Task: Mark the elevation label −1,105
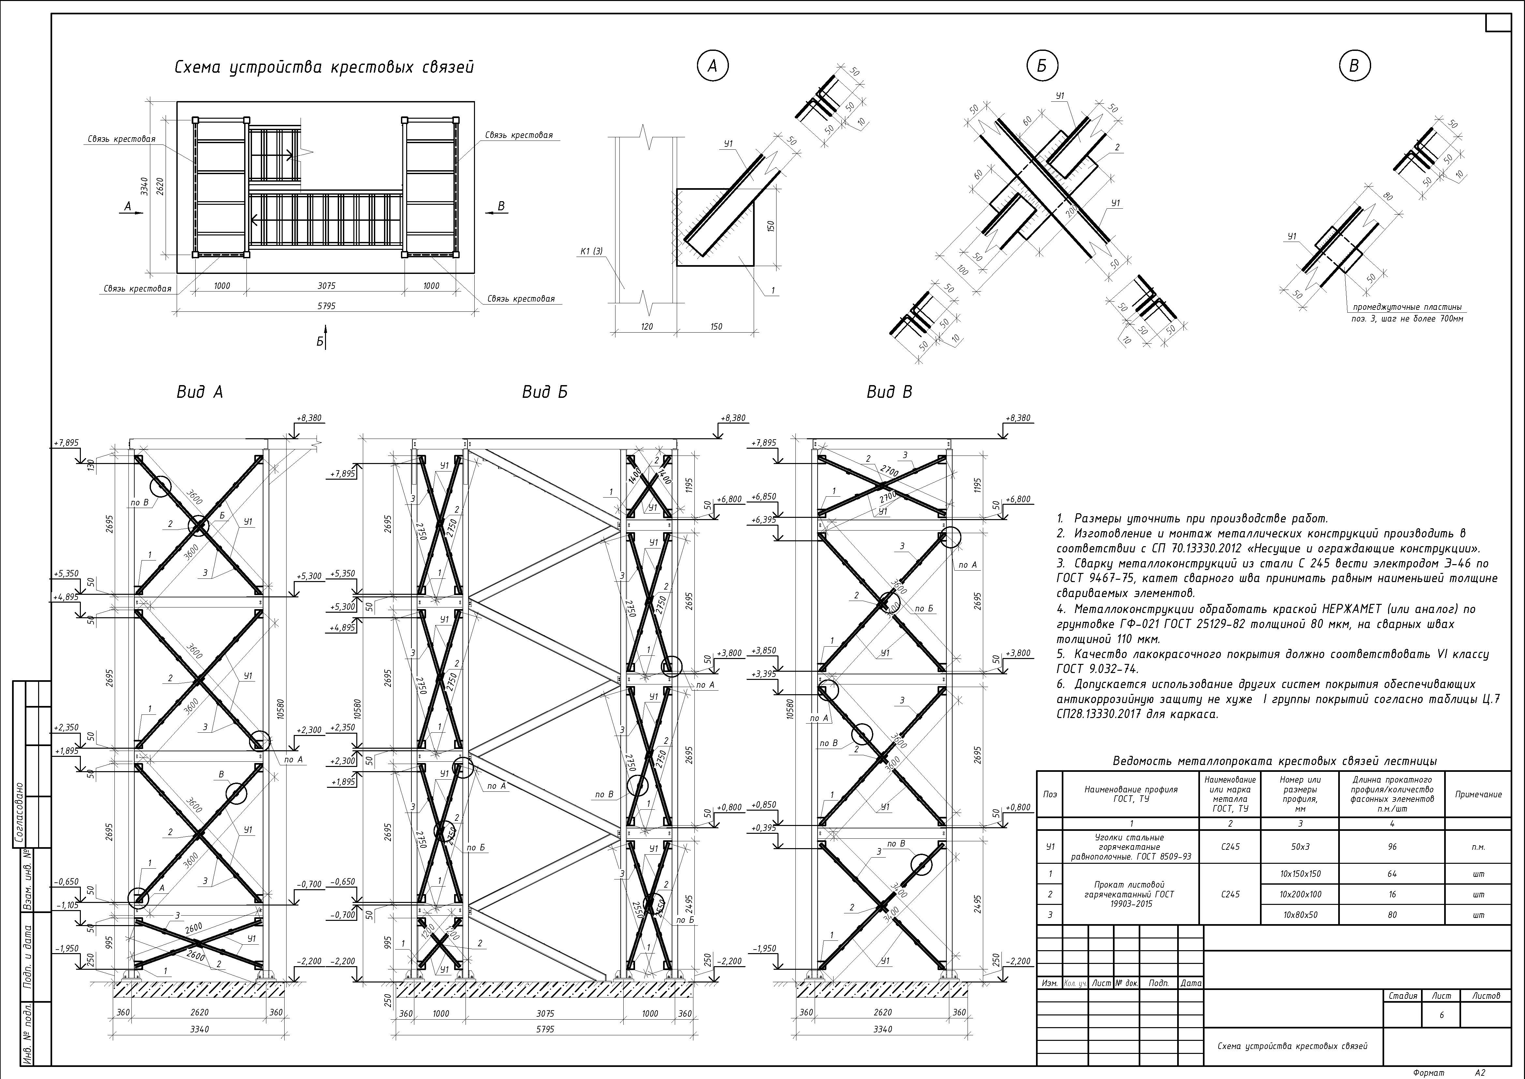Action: click(x=67, y=905)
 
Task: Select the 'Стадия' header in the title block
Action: click(x=1403, y=996)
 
